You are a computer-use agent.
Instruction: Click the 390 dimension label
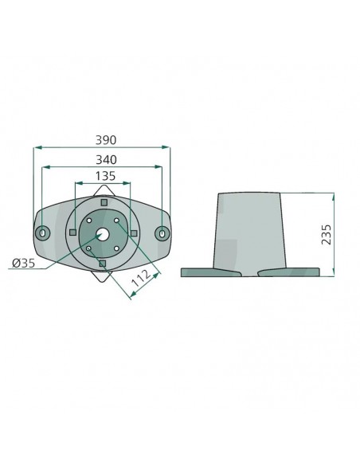point(106,140)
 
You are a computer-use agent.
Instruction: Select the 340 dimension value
point(106,160)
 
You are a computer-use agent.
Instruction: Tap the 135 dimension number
point(105,176)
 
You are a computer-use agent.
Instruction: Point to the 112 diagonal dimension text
point(142,279)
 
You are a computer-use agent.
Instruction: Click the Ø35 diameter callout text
point(23,263)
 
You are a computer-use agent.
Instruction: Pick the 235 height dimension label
point(327,235)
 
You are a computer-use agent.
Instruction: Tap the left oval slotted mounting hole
point(43,232)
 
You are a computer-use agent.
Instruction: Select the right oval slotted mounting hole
point(162,232)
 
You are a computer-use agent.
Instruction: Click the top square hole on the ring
point(104,202)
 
